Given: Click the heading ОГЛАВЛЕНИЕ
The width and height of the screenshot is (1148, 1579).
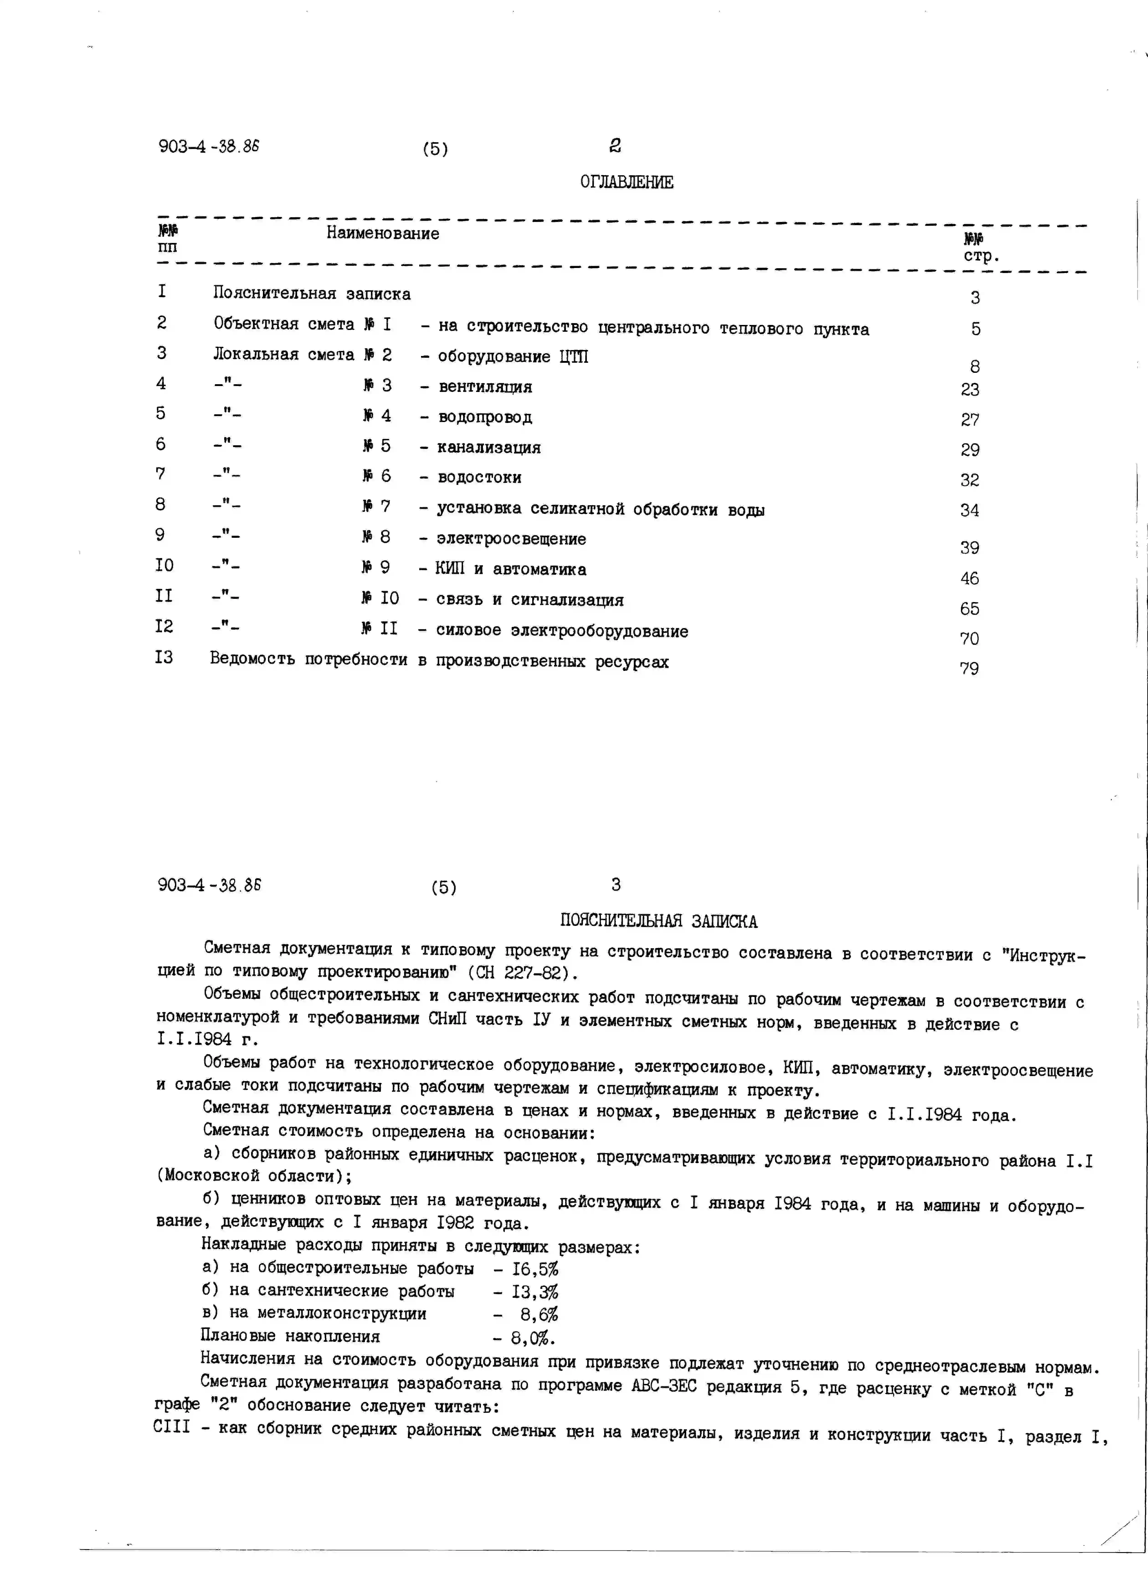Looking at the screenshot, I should click(627, 182).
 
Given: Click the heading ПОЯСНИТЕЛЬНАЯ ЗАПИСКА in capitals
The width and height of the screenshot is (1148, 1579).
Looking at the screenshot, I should click(659, 921).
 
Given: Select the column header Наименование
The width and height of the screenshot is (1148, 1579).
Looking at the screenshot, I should click(383, 233).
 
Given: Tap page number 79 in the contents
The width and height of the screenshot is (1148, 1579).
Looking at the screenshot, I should click(969, 668).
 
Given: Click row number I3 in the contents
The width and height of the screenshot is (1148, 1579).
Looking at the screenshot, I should click(164, 657).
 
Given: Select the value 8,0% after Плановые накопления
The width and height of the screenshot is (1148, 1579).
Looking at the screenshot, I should click(533, 1337).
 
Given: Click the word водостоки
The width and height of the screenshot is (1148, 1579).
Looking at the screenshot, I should click(480, 478).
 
